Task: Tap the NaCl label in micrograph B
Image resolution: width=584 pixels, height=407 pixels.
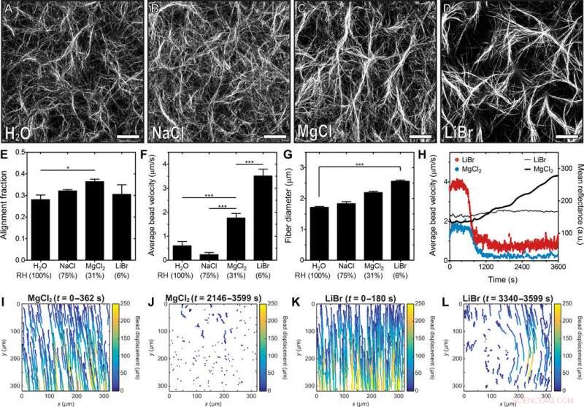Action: point(170,133)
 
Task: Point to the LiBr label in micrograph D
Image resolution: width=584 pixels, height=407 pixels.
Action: point(461,133)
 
